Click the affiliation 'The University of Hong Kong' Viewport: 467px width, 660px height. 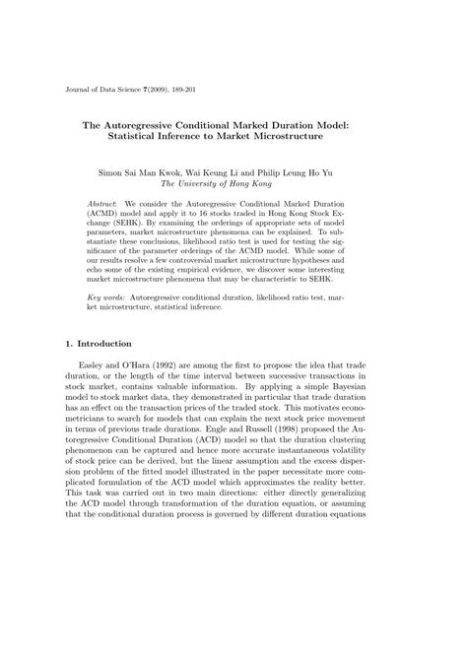233,183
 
